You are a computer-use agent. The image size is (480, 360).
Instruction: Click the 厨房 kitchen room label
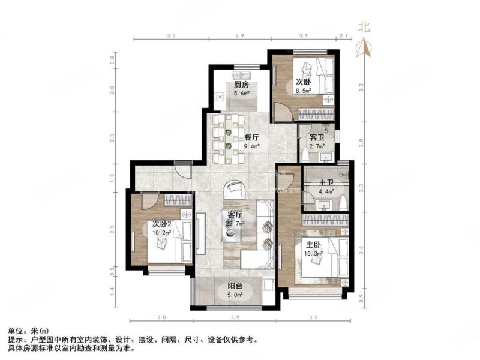[x=241, y=85]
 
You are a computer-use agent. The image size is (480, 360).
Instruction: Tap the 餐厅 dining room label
[x=251, y=137]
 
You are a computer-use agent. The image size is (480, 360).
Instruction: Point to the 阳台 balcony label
[x=235, y=286]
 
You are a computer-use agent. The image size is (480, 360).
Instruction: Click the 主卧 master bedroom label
[x=313, y=244]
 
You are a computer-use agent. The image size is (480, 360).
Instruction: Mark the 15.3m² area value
[x=314, y=254]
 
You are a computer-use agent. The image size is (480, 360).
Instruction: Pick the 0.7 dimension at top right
[x=344, y=37]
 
